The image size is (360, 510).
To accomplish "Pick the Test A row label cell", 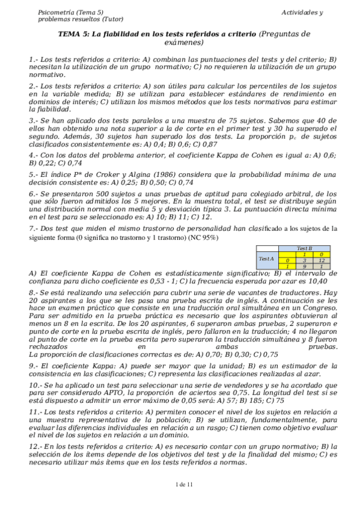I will coord(266,259).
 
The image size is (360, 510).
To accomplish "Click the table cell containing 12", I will coord(322,259).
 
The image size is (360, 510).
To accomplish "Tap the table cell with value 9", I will coord(305,266).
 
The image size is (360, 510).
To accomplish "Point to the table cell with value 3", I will coord(305,259).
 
